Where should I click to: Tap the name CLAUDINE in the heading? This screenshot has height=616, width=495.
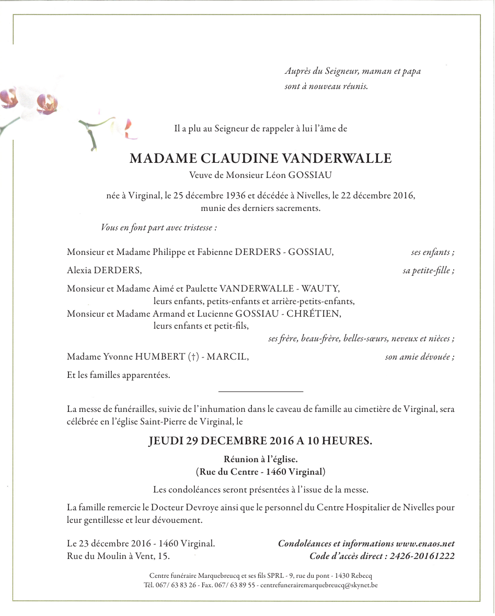(x=238, y=159)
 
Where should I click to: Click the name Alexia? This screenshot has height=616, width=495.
(x=79, y=271)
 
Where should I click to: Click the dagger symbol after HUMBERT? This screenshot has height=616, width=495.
(x=193, y=357)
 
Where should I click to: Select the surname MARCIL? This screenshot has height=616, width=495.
(x=227, y=357)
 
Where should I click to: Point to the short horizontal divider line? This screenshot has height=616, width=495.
(x=260, y=391)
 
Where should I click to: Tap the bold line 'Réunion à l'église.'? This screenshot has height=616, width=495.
(x=261, y=460)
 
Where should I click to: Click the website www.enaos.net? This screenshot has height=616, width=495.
(x=425, y=544)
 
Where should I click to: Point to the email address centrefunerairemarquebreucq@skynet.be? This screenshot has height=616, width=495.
(x=318, y=585)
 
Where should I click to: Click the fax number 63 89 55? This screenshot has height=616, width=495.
(x=245, y=585)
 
